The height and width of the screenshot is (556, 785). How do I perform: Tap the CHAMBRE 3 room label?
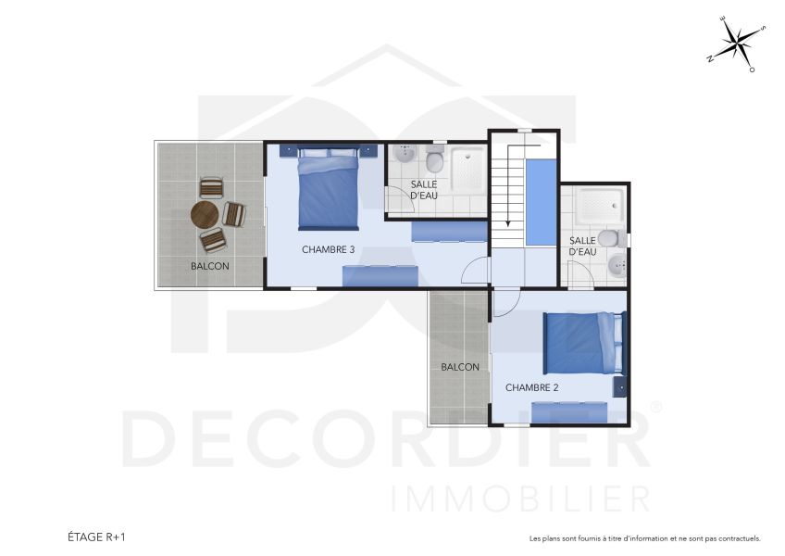point(328,250)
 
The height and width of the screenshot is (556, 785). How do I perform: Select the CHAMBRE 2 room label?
point(531,387)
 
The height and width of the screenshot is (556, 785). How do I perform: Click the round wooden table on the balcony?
point(205,215)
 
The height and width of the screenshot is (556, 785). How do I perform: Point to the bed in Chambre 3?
point(328,193)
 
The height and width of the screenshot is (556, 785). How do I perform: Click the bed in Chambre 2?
point(583,343)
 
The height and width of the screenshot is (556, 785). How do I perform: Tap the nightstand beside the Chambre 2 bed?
point(619,384)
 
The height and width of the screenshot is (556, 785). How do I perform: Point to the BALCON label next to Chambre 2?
point(460,367)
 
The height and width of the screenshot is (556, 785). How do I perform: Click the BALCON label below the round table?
point(210,266)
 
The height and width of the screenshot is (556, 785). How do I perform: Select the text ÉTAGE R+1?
point(98,537)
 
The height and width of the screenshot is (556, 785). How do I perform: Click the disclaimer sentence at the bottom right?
point(644,537)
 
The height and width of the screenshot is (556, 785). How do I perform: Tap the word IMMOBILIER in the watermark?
point(520,498)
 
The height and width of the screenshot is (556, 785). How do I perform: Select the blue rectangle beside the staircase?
point(541,202)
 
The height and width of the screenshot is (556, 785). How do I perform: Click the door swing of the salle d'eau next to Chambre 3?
point(396,198)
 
